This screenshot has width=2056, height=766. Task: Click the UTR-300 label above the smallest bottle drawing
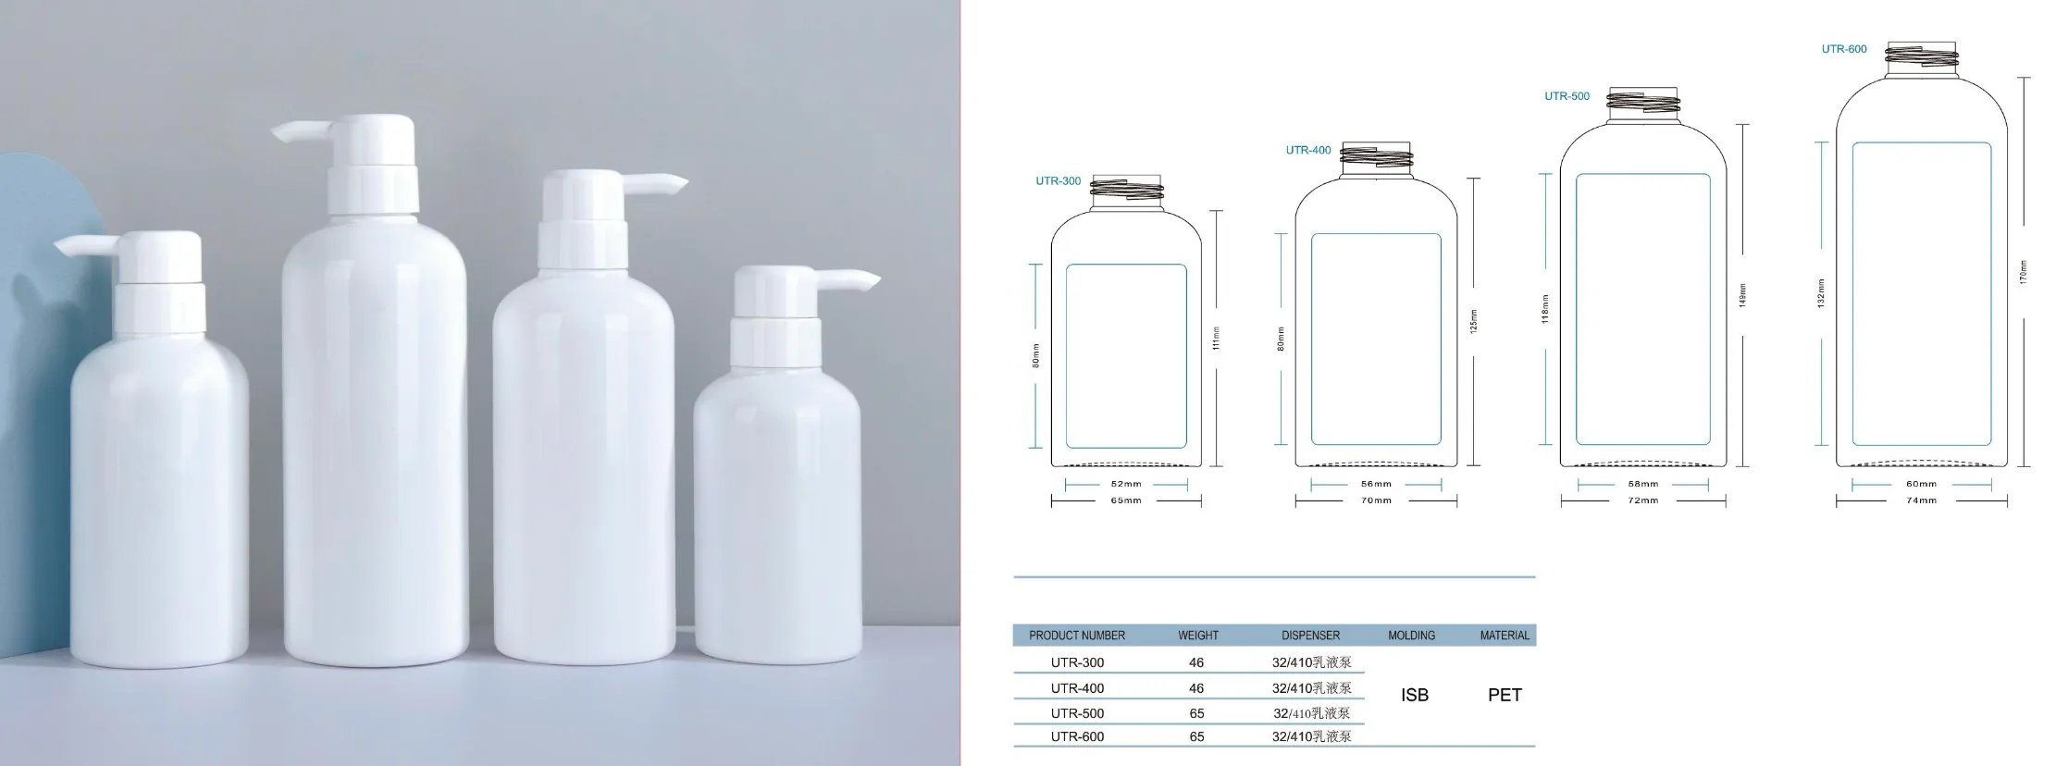(x=1058, y=181)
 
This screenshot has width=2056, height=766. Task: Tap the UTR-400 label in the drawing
(x=1308, y=150)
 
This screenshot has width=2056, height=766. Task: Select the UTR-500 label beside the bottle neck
(x=1567, y=96)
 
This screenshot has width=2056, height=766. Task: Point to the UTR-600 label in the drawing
(x=1844, y=49)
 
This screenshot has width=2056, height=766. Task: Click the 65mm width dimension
(x=1126, y=500)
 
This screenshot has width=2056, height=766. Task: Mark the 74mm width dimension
(x=1921, y=500)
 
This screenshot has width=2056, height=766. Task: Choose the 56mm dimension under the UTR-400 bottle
(x=1376, y=484)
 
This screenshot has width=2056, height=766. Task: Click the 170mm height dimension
(x=2024, y=272)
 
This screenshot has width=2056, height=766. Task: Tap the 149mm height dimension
(x=1743, y=295)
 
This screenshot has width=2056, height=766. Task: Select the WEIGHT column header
(x=1198, y=636)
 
